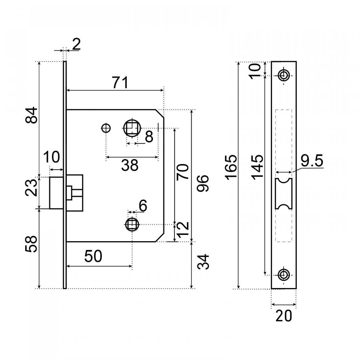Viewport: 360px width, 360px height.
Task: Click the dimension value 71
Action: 120,83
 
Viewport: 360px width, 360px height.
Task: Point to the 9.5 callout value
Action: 312,160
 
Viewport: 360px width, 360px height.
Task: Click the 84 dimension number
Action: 31,115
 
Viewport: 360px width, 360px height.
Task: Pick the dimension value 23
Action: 31,188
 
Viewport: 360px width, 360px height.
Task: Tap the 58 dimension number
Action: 31,244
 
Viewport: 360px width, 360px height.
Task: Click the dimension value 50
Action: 93,256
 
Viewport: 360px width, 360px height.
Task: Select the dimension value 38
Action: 130,165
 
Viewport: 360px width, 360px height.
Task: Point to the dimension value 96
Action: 203,183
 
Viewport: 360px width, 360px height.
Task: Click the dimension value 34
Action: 203,262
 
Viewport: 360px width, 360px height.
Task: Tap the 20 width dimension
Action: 284,316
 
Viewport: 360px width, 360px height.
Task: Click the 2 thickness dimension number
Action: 76,44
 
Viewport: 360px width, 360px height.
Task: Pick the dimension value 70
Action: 183,171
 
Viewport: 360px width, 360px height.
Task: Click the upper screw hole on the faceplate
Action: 284,75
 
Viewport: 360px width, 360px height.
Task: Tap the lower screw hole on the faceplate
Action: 284,275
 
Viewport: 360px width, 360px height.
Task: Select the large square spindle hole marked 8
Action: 132,128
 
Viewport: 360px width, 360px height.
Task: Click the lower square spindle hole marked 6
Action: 132,224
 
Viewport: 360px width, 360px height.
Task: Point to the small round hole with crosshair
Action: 106,128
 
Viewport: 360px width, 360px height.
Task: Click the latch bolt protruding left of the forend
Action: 56,193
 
